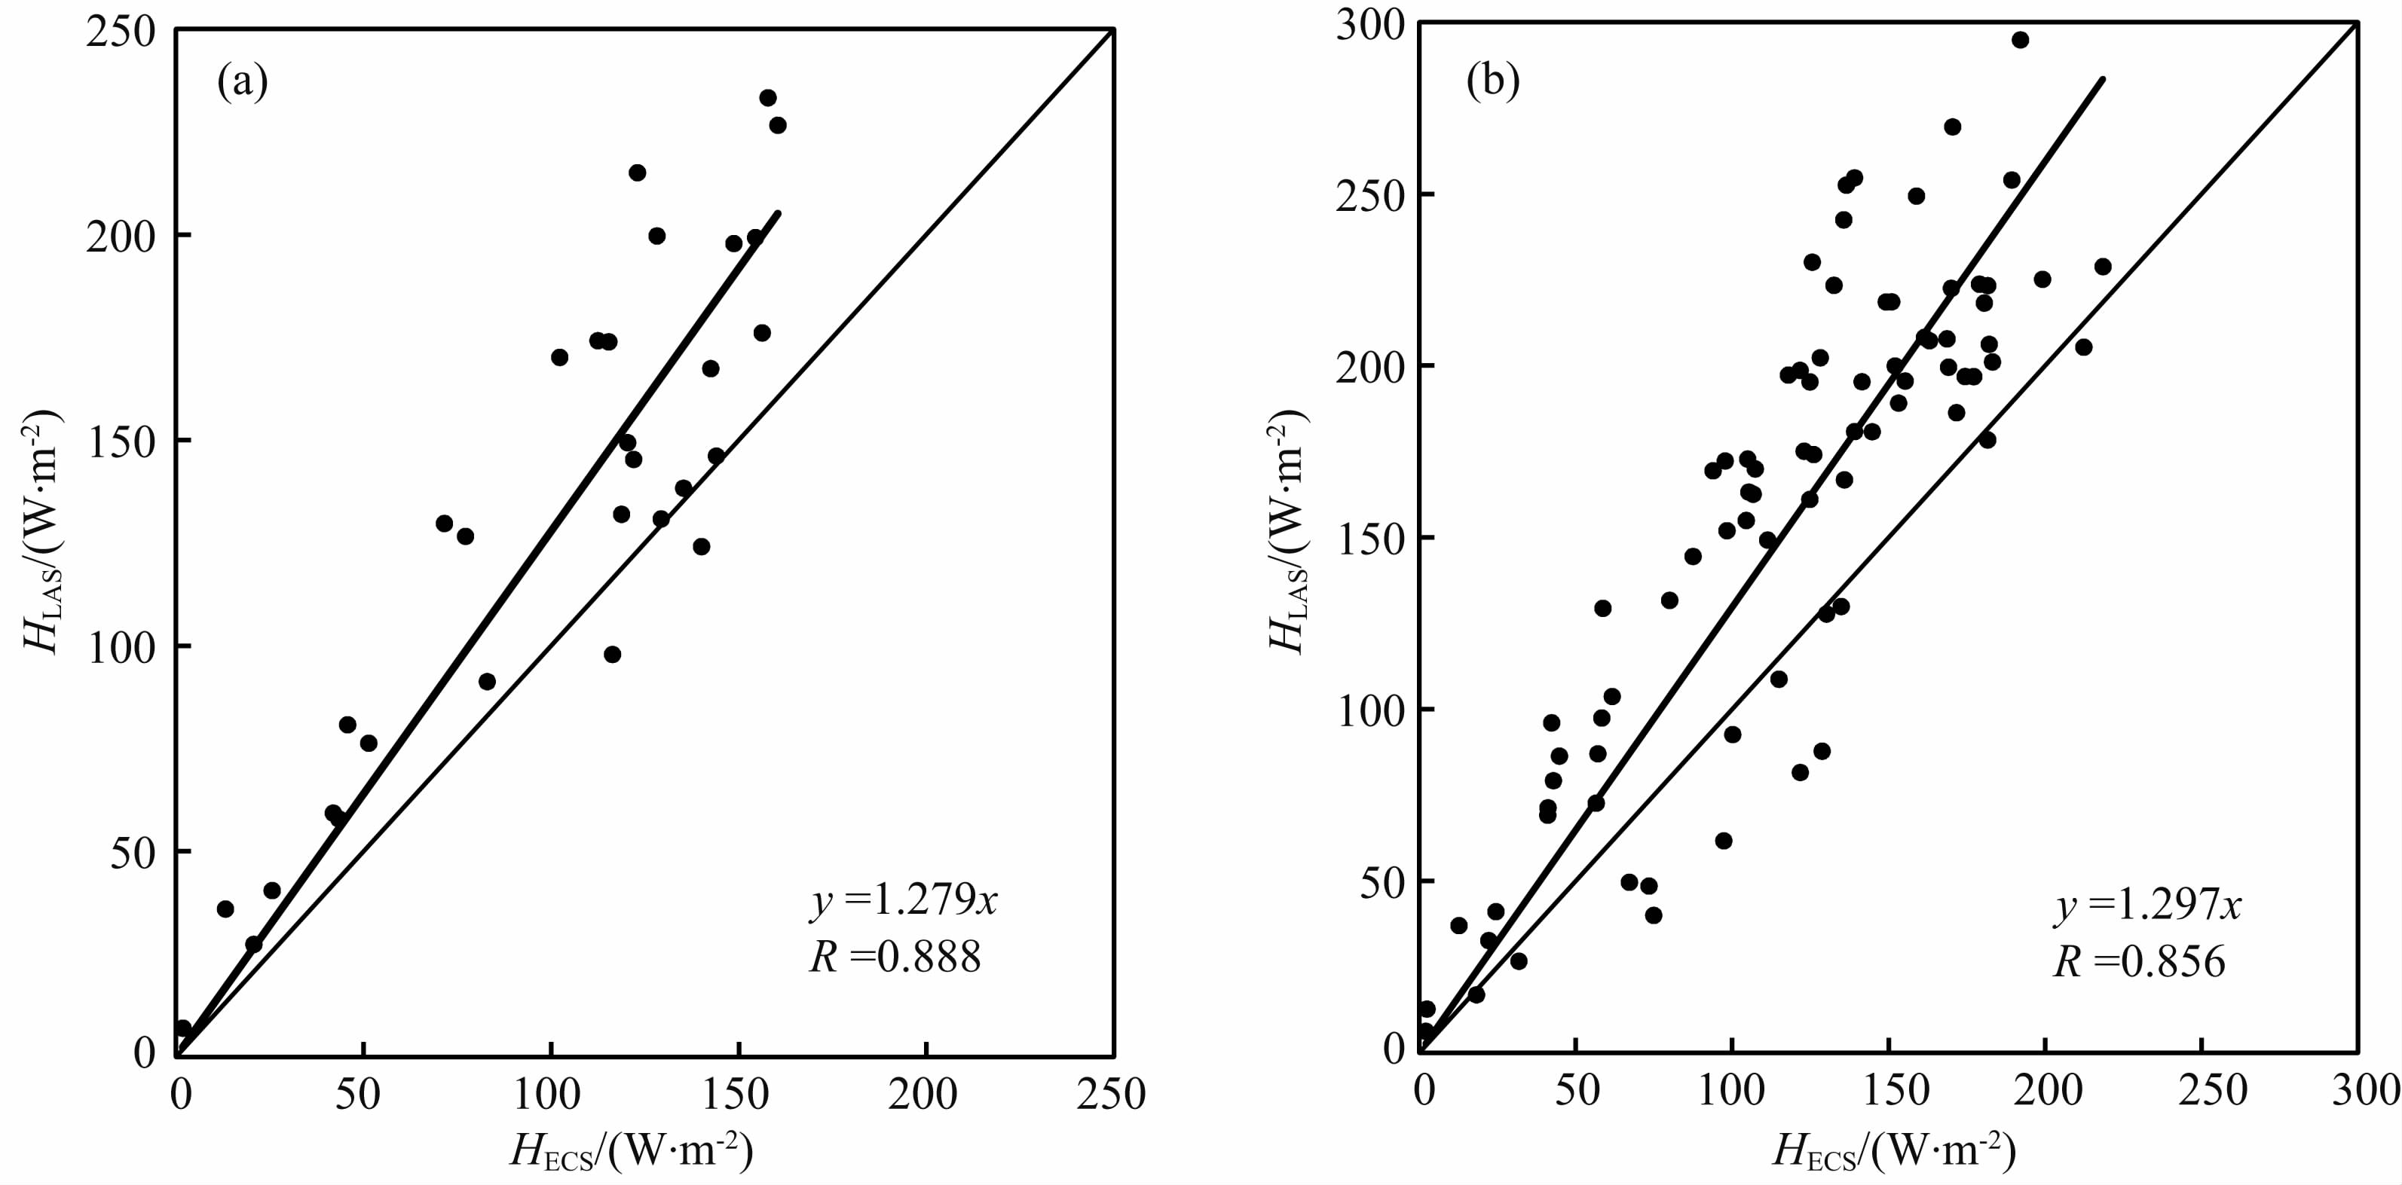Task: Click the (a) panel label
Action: point(243,83)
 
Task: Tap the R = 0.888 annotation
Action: point(894,957)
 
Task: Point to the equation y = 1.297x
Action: point(2147,906)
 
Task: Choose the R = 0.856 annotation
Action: point(2139,962)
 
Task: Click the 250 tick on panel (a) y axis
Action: point(122,32)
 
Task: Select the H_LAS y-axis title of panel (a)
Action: point(41,534)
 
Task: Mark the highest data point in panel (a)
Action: point(767,98)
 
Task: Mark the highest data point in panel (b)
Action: point(2020,40)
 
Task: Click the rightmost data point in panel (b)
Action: point(2102,267)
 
